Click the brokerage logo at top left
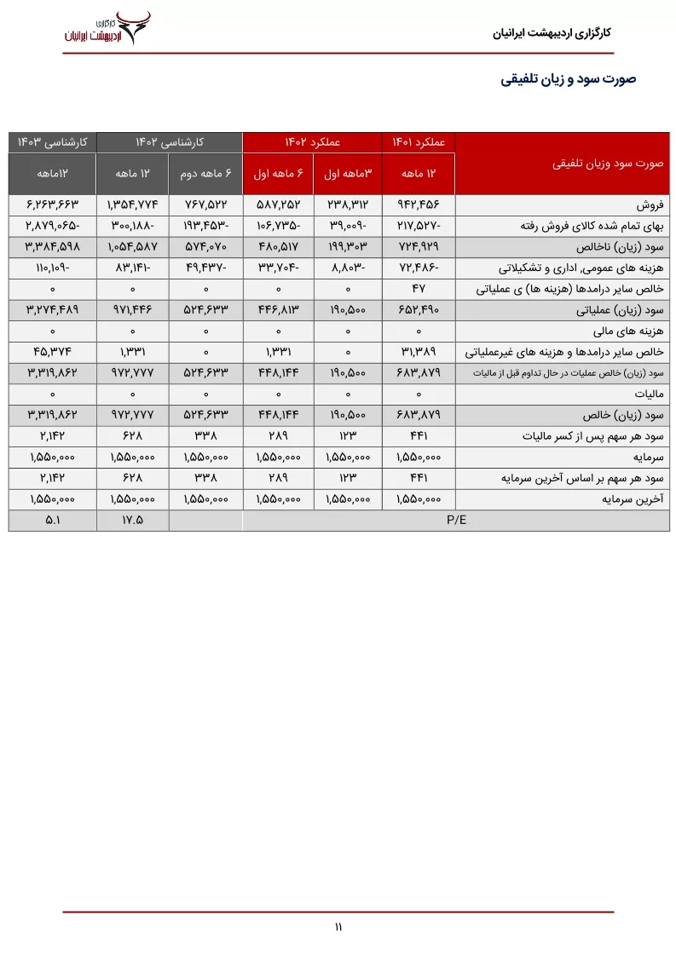point(107,28)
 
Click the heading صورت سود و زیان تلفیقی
point(569,79)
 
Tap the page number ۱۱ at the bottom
point(338,927)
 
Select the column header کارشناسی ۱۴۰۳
point(52,141)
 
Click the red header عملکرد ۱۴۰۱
point(419,141)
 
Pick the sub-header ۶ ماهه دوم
point(205,173)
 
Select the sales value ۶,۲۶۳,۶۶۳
point(52,206)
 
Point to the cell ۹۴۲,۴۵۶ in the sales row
point(419,206)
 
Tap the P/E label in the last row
point(456,519)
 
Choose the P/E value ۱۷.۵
point(132,519)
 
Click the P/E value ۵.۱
point(52,519)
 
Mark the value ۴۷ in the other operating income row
point(419,289)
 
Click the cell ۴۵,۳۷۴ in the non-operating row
point(52,351)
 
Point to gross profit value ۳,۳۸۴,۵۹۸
point(52,247)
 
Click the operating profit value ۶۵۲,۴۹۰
point(419,309)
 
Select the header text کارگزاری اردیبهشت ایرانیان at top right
point(552,34)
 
